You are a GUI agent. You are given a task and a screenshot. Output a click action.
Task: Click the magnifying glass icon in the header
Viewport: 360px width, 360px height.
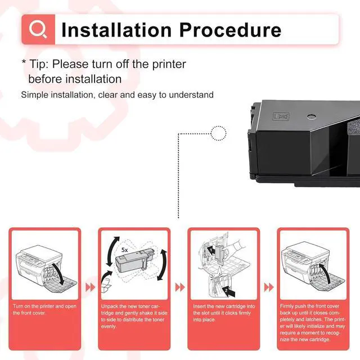coord(38,29)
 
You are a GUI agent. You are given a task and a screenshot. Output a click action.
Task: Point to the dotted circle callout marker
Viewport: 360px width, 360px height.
coord(218,134)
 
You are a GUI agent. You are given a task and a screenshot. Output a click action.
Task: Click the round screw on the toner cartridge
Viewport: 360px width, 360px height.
coord(309,118)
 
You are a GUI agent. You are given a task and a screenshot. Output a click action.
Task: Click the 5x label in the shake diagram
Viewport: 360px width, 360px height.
coord(124,247)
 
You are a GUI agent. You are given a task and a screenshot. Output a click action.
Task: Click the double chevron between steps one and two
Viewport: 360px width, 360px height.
coord(90,287)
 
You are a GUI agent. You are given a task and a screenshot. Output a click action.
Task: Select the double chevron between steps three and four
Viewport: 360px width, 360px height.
coord(269,287)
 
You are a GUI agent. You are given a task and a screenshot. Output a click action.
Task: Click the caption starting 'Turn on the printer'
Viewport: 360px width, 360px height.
coord(45,309)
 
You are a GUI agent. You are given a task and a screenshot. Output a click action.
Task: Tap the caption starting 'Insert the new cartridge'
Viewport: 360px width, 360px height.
coord(223,313)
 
